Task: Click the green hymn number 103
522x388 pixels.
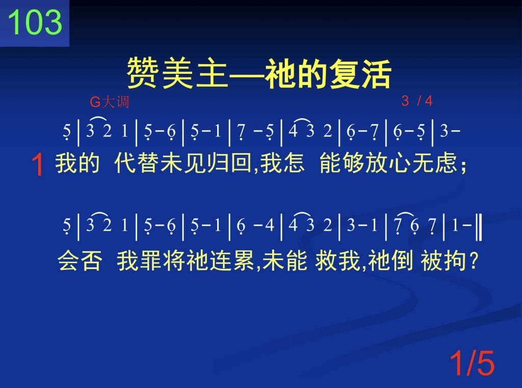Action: (35, 22)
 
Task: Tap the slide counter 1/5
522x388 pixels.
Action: (472, 364)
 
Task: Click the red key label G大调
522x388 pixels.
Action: (109, 102)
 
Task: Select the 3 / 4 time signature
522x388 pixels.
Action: (417, 101)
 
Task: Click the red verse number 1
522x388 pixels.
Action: (38, 165)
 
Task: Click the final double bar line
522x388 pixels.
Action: (479, 228)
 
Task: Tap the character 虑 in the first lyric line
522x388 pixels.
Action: (447, 163)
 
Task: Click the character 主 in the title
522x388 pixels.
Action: (212, 73)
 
